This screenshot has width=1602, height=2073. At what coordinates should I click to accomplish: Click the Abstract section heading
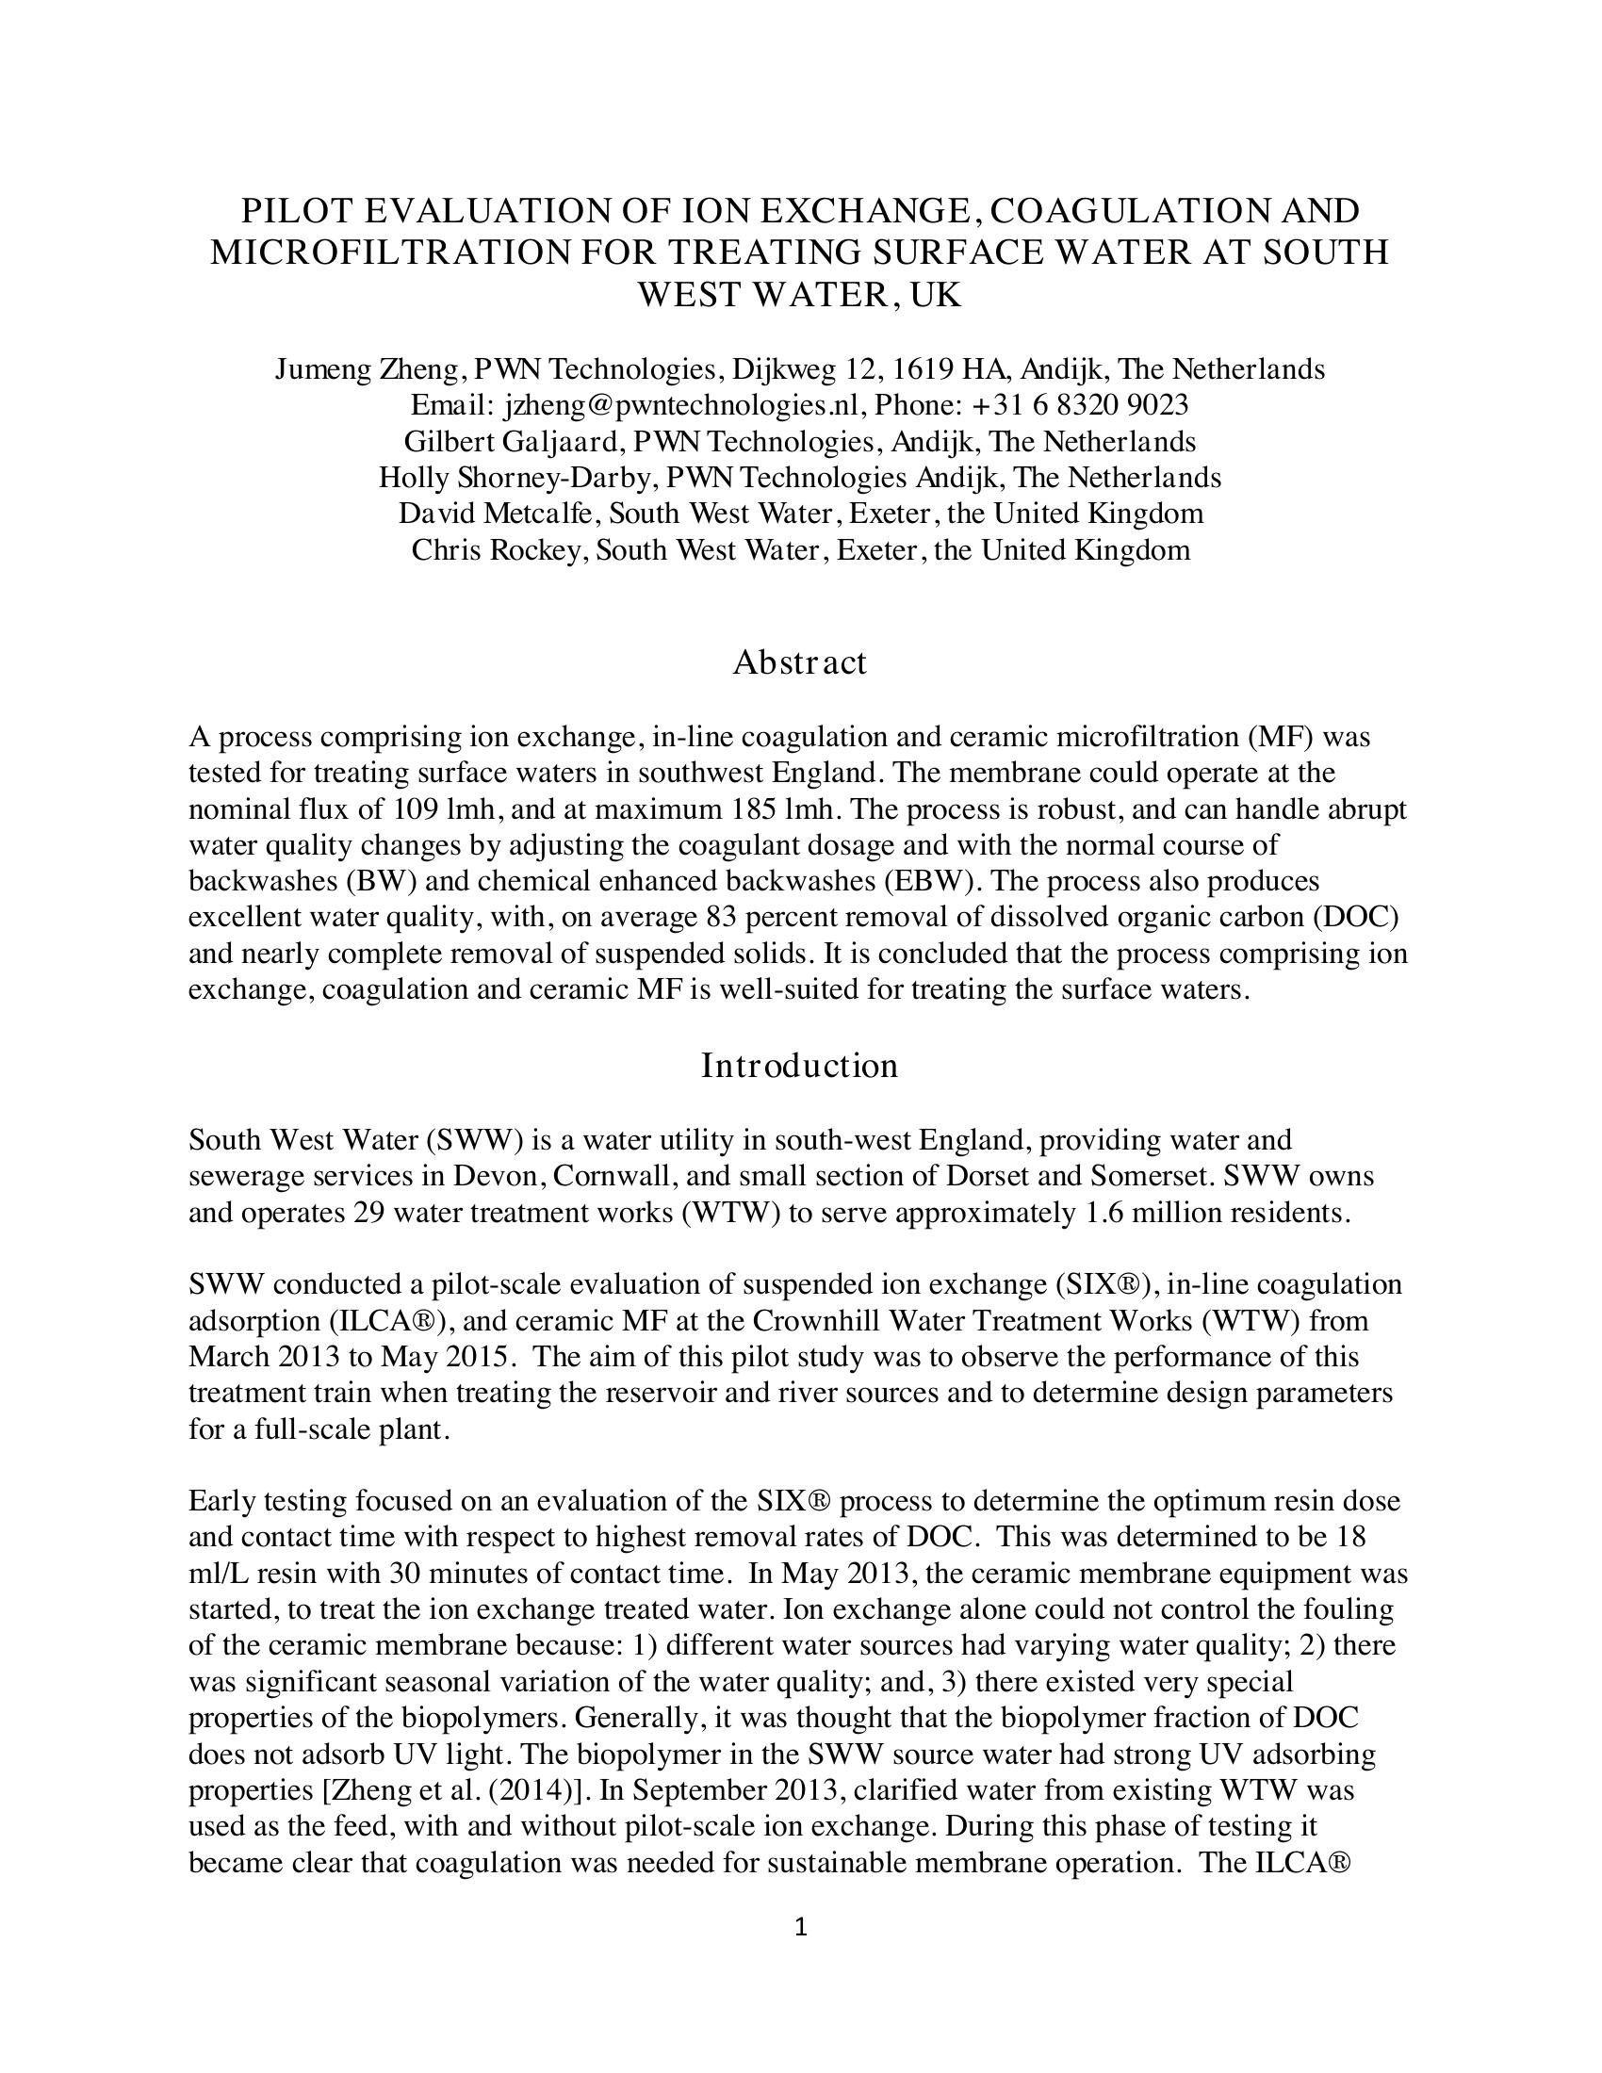click(x=799, y=661)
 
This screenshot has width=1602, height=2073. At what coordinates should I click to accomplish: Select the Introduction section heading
click(x=799, y=1065)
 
